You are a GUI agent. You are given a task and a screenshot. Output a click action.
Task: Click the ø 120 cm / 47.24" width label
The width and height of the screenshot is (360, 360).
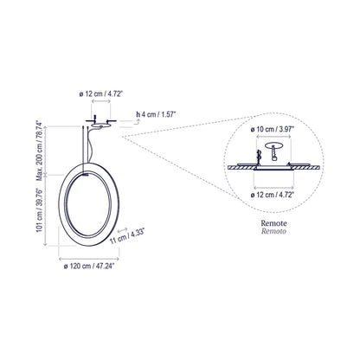90,267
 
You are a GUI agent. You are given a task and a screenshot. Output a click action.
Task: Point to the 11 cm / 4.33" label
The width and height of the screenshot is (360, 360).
130,233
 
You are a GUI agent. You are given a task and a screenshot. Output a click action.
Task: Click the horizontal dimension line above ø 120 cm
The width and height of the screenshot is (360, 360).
90,257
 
